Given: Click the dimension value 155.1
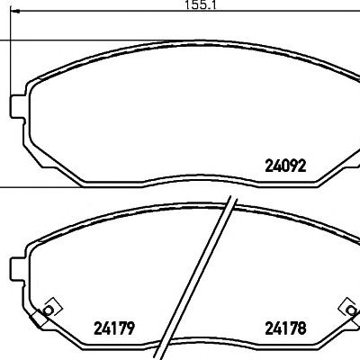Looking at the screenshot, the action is (x=200, y=5).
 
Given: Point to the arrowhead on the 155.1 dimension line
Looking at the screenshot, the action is (x=15, y=12).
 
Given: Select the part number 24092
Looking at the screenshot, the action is (x=285, y=166).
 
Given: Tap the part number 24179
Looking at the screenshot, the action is (x=114, y=328).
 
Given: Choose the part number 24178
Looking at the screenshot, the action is (x=285, y=328).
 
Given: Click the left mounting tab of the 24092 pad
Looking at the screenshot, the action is (x=18, y=107).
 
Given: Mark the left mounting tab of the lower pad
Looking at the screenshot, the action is (x=18, y=269).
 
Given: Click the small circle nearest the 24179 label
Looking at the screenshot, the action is (x=48, y=310).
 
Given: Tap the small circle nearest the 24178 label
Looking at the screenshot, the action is (x=350, y=310).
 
